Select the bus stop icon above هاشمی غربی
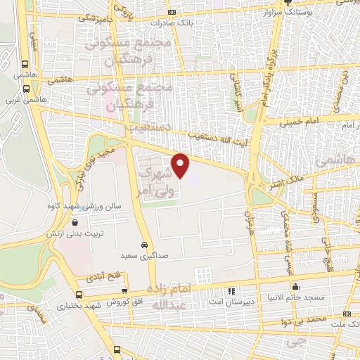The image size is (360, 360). click(x=26, y=89)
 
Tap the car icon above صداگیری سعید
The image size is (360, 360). click(x=143, y=245)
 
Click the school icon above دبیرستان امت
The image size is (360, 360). click(x=231, y=290)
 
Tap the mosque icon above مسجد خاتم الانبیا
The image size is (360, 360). click(x=297, y=286)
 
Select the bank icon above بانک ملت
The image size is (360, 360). click(x=345, y=314)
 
